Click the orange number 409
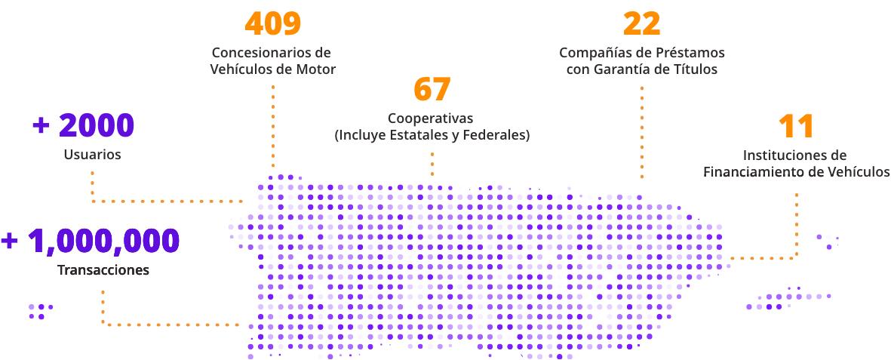(272, 23)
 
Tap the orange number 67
(432, 89)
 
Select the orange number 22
(642, 23)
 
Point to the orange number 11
(795, 126)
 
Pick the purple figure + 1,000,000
(90, 241)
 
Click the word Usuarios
(93, 154)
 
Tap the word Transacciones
(103, 269)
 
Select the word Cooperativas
(432, 118)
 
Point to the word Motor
(318, 69)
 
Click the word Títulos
(698, 69)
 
